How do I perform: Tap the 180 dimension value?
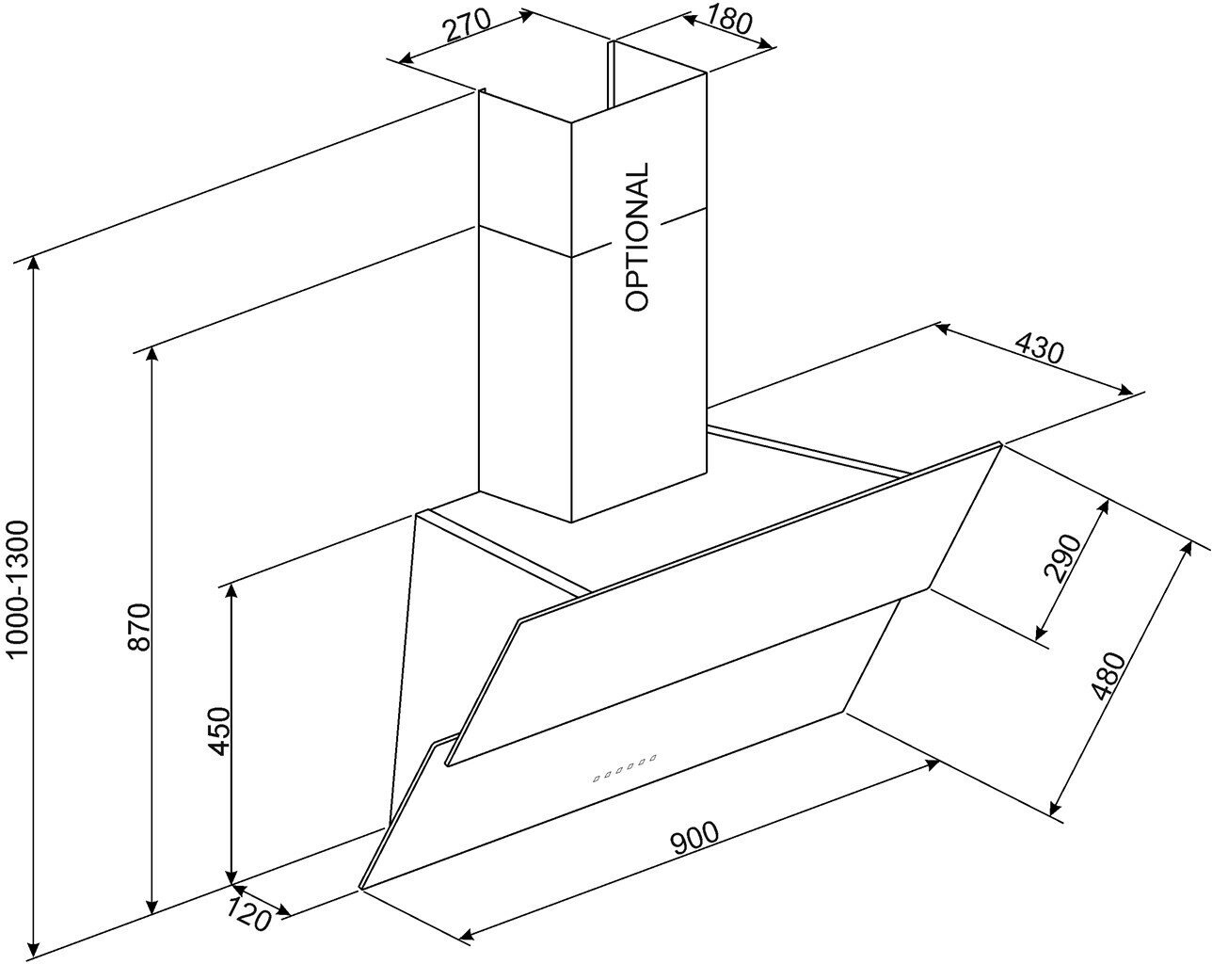click(731, 20)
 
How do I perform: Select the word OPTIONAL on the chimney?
click(637, 237)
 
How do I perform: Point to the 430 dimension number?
click(1039, 349)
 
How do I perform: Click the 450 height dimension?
click(218, 730)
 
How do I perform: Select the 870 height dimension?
click(138, 627)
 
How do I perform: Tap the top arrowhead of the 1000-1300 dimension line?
click(35, 264)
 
